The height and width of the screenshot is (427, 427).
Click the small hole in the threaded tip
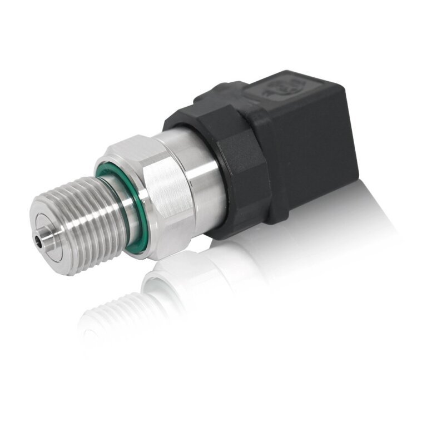[x=39, y=240]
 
